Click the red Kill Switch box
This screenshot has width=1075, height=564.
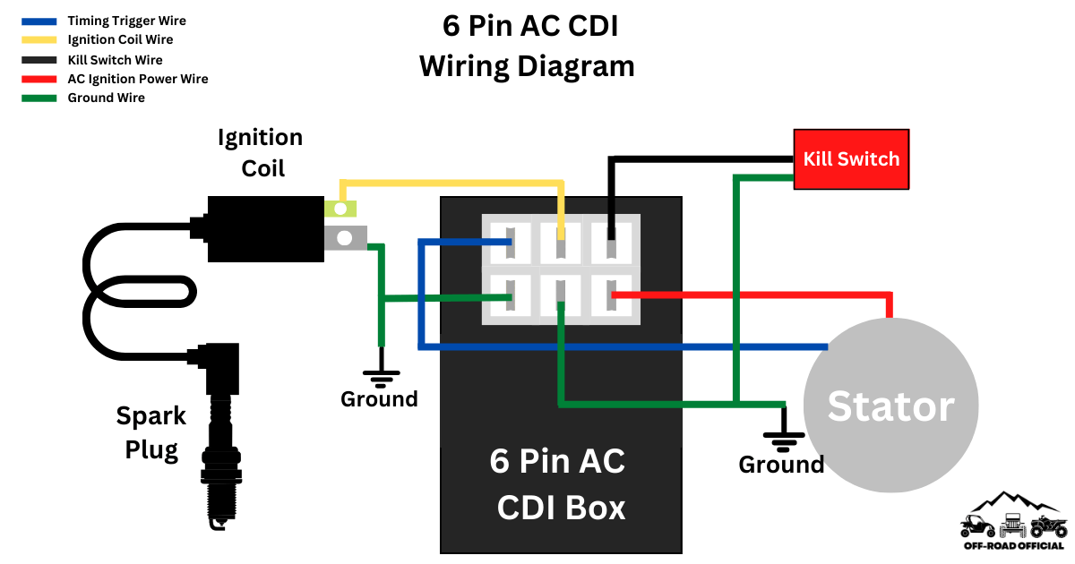tap(851, 159)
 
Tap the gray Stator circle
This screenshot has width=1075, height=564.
tap(890, 406)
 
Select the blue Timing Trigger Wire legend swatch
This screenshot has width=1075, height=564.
tap(39, 21)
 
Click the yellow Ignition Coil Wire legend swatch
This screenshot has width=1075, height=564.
tap(39, 40)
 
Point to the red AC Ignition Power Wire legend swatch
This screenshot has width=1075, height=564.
tap(39, 79)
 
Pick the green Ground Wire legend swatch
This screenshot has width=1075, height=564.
tap(39, 98)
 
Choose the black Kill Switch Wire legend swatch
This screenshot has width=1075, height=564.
tap(39, 60)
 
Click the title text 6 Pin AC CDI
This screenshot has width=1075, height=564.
tap(529, 26)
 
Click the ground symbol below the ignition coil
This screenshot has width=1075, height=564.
tap(381, 376)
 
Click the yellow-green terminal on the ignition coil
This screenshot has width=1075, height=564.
tap(340, 209)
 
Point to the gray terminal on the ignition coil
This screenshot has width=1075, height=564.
tap(345, 237)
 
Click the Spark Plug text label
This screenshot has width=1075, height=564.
tap(151, 432)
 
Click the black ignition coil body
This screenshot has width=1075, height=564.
tap(265, 229)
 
